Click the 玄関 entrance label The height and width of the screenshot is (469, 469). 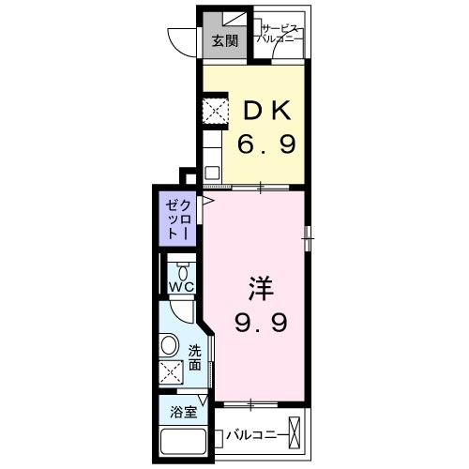coord(223,40)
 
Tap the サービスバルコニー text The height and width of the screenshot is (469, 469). coord(281,36)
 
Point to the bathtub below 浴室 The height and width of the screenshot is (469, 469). coord(184,442)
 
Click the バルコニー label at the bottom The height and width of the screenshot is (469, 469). coord(257,436)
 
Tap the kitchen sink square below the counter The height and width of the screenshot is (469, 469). coord(212,174)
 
